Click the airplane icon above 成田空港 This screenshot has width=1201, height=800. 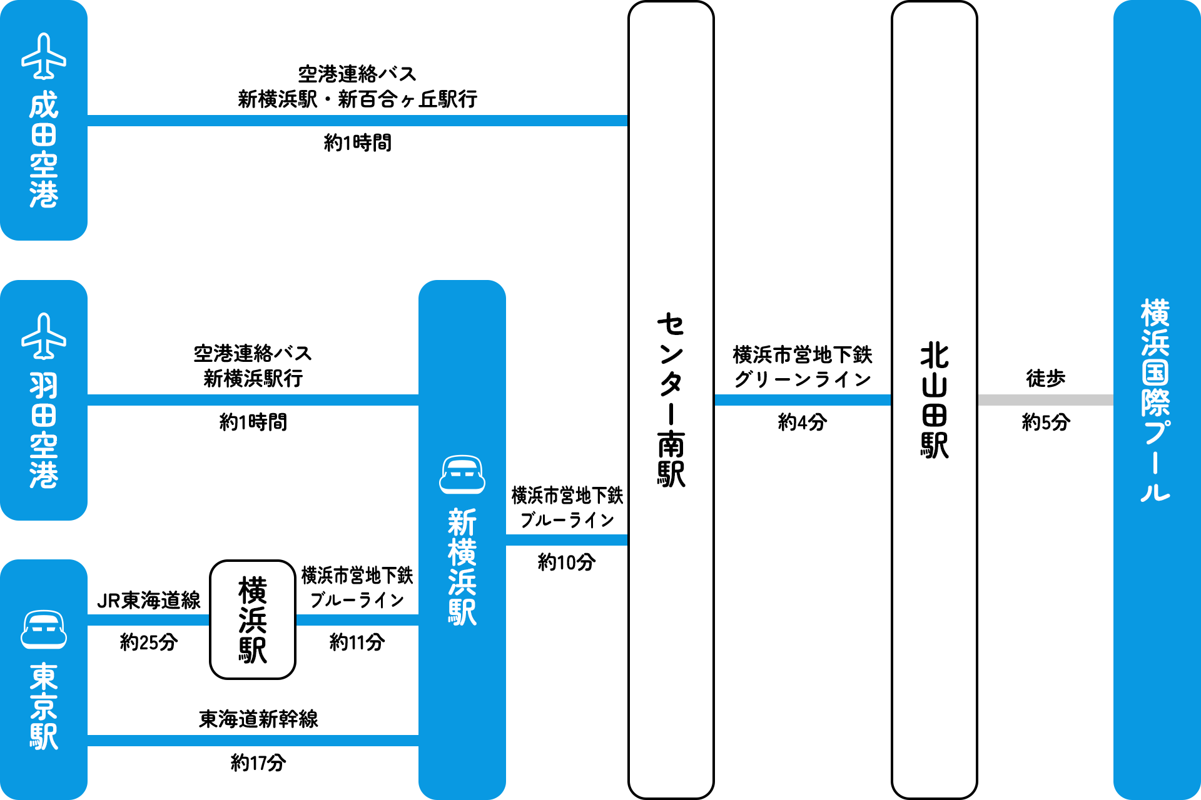click(44, 56)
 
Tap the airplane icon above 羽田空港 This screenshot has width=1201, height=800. click(44, 336)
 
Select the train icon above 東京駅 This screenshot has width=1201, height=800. click(44, 629)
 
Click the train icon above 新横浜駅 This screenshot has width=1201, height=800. click(462, 474)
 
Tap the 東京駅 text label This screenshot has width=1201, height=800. click(44, 706)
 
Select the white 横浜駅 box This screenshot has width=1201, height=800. click(253, 619)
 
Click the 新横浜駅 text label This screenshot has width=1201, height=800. click(462, 567)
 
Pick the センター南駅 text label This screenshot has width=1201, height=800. click(671, 400)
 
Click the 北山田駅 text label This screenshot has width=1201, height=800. click(935, 400)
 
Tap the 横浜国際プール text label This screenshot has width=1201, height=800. click(1155, 400)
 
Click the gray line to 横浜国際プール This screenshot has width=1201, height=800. click(1045, 400)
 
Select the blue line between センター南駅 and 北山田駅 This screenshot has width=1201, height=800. click(803, 400)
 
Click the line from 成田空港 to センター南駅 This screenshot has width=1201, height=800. click(357, 121)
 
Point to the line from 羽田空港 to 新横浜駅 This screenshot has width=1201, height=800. click(253, 400)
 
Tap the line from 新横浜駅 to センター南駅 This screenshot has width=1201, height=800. click(567, 540)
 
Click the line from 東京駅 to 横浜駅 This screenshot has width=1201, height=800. click(148, 620)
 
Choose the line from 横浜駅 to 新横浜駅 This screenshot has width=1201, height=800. click(357, 620)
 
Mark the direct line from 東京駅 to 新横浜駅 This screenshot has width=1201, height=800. click(253, 741)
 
